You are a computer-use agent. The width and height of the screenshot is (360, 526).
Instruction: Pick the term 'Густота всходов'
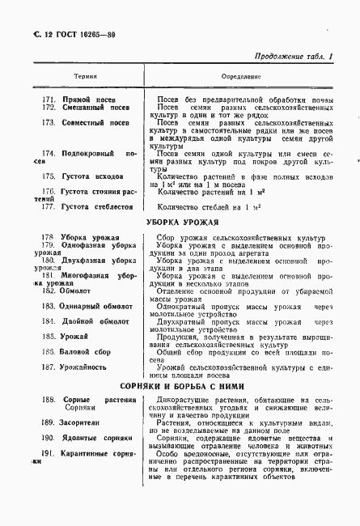(x=94, y=176)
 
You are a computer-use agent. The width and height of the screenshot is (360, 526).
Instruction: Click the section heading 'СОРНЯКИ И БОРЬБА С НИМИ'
(x=180, y=388)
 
